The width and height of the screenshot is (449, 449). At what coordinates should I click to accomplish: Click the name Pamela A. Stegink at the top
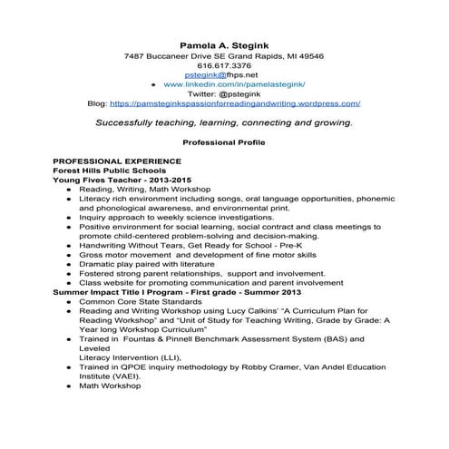tap(223, 43)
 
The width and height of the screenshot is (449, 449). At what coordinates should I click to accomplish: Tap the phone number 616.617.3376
tap(223, 66)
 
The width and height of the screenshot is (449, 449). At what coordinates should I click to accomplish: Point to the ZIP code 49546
tap(311, 56)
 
